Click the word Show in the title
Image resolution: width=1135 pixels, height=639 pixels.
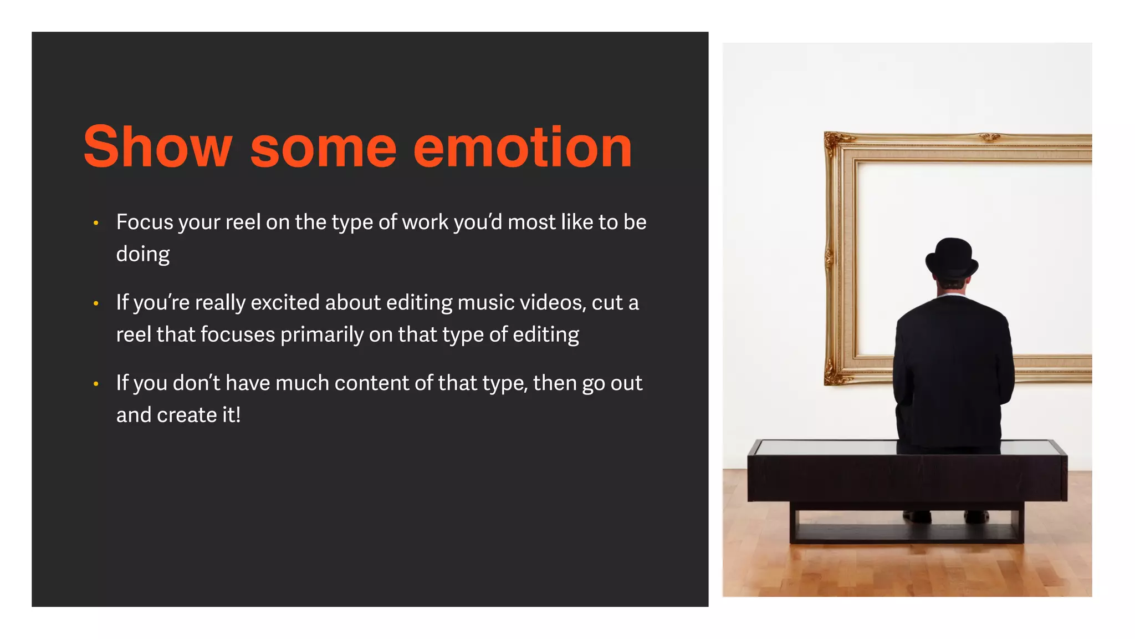coord(157,147)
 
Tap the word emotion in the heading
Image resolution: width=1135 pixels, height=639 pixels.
coord(522,147)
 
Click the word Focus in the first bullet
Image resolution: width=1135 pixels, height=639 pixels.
coord(145,222)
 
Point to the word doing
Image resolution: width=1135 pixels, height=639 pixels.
coord(142,255)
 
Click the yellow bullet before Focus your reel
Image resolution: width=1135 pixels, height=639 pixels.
coord(96,223)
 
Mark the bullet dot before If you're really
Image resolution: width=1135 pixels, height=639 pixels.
coord(96,303)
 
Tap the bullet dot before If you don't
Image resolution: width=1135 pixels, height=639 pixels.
coord(96,384)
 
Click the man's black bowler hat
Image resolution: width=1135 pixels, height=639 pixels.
coord(952,258)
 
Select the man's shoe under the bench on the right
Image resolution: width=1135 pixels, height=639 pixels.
coord(976,516)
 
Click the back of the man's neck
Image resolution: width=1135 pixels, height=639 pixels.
coord(952,290)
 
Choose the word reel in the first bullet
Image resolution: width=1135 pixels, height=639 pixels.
coord(243,222)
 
